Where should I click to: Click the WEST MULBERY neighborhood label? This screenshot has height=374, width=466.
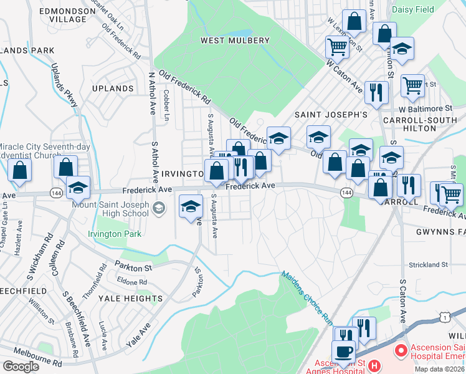[x=235, y=41]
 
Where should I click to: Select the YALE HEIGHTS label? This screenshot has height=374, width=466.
[x=130, y=299]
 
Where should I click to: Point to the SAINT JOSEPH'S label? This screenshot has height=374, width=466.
[x=331, y=115]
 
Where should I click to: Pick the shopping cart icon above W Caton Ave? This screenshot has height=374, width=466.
[x=336, y=46]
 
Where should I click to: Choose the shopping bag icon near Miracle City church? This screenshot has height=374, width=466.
[x=20, y=170]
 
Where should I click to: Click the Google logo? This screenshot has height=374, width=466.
[x=20, y=367]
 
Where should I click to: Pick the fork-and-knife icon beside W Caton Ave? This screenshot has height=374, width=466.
[x=376, y=92]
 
